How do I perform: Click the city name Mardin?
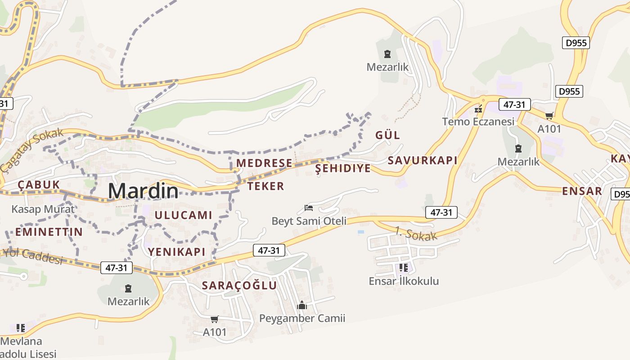click(143, 191)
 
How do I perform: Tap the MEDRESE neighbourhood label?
click(264, 163)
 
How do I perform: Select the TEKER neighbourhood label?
click(266, 186)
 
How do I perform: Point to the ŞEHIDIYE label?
click(343, 168)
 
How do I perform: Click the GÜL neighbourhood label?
click(387, 135)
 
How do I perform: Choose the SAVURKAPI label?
click(422, 160)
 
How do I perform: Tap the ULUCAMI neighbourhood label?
click(183, 215)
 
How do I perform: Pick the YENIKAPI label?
click(177, 252)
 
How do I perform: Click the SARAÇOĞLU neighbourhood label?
click(239, 285)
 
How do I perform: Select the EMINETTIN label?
click(49, 232)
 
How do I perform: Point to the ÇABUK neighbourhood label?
click(39, 184)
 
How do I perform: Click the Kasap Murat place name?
click(43, 209)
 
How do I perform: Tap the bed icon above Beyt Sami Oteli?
click(309, 207)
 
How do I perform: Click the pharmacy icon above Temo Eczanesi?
click(478, 109)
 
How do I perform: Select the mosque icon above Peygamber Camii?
click(301, 306)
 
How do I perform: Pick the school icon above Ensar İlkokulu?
click(403, 268)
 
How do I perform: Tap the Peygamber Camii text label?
click(302, 319)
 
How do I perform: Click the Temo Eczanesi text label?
click(478, 121)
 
